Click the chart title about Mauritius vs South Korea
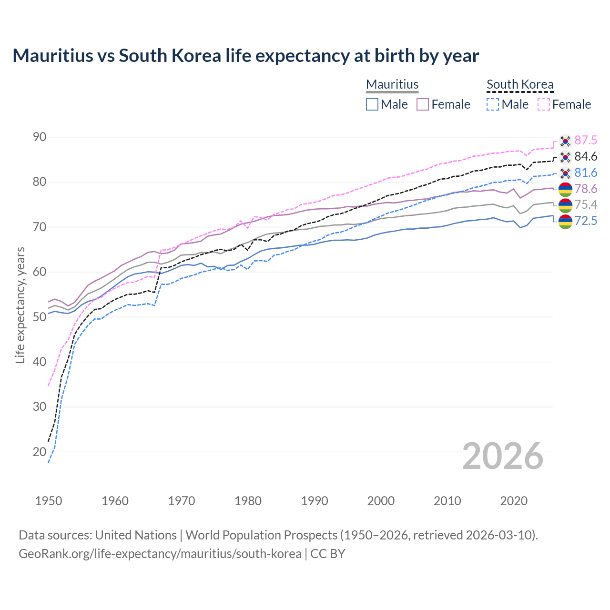[x=245, y=56]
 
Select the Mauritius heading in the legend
[x=392, y=84]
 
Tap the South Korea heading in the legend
[x=520, y=84]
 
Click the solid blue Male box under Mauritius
[x=372, y=104]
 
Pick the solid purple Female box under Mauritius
[x=423, y=104]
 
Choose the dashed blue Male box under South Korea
[x=493, y=104]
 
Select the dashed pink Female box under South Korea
[x=544, y=104]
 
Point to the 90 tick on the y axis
[x=40, y=137]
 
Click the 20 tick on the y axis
[x=40, y=452]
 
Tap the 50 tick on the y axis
[x=40, y=317]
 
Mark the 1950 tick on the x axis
[x=49, y=501]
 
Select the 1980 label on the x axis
[x=248, y=501]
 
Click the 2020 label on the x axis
[x=514, y=501]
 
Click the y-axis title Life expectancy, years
[x=20, y=305]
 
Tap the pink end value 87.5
[x=586, y=140]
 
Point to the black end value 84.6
[x=586, y=156]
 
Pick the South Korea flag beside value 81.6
[x=565, y=173]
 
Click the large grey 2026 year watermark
[x=503, y=456]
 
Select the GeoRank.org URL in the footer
[x=160, y=554]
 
